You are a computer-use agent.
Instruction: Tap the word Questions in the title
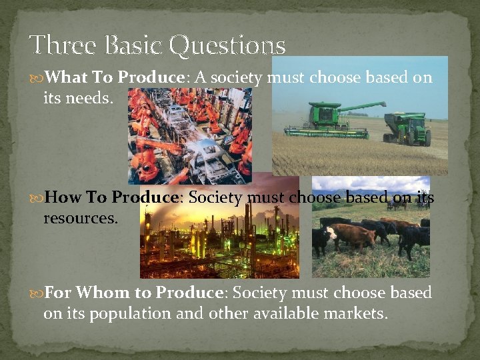[x=227, y=45]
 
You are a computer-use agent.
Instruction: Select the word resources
[x=81, y=217]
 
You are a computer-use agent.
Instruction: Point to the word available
[x=275, y=313]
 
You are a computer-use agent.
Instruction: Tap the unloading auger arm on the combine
[x=365, y=107]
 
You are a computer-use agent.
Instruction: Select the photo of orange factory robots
[x=190, y=137]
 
